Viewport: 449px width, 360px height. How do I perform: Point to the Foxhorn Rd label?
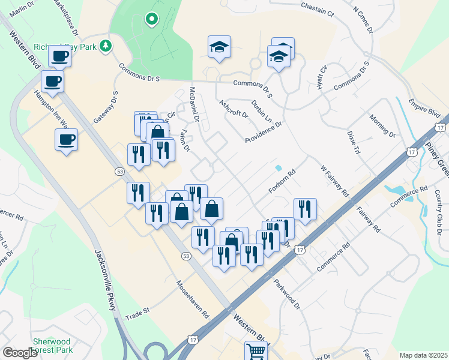pos(284,181)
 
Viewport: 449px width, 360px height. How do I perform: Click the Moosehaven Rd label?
pos(191,299)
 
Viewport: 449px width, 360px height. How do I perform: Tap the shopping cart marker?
pos(256,350)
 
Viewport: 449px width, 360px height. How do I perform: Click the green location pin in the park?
pos(152,19)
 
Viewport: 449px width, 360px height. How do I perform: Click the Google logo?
pos(20,353)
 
